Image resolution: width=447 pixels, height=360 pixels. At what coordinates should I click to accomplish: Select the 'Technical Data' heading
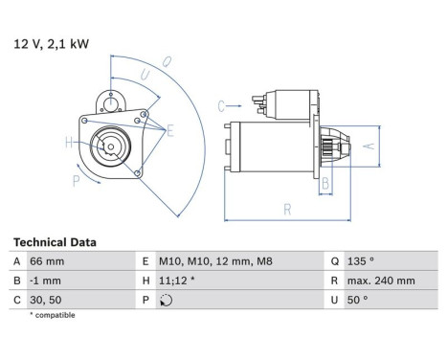pos(54,243)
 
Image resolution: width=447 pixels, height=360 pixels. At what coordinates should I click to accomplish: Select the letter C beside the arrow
pos(221,104)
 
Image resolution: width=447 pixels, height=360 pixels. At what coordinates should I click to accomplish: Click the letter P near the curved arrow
pos(76,179)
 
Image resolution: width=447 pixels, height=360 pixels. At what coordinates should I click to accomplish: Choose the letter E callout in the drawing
pos(170,129)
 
